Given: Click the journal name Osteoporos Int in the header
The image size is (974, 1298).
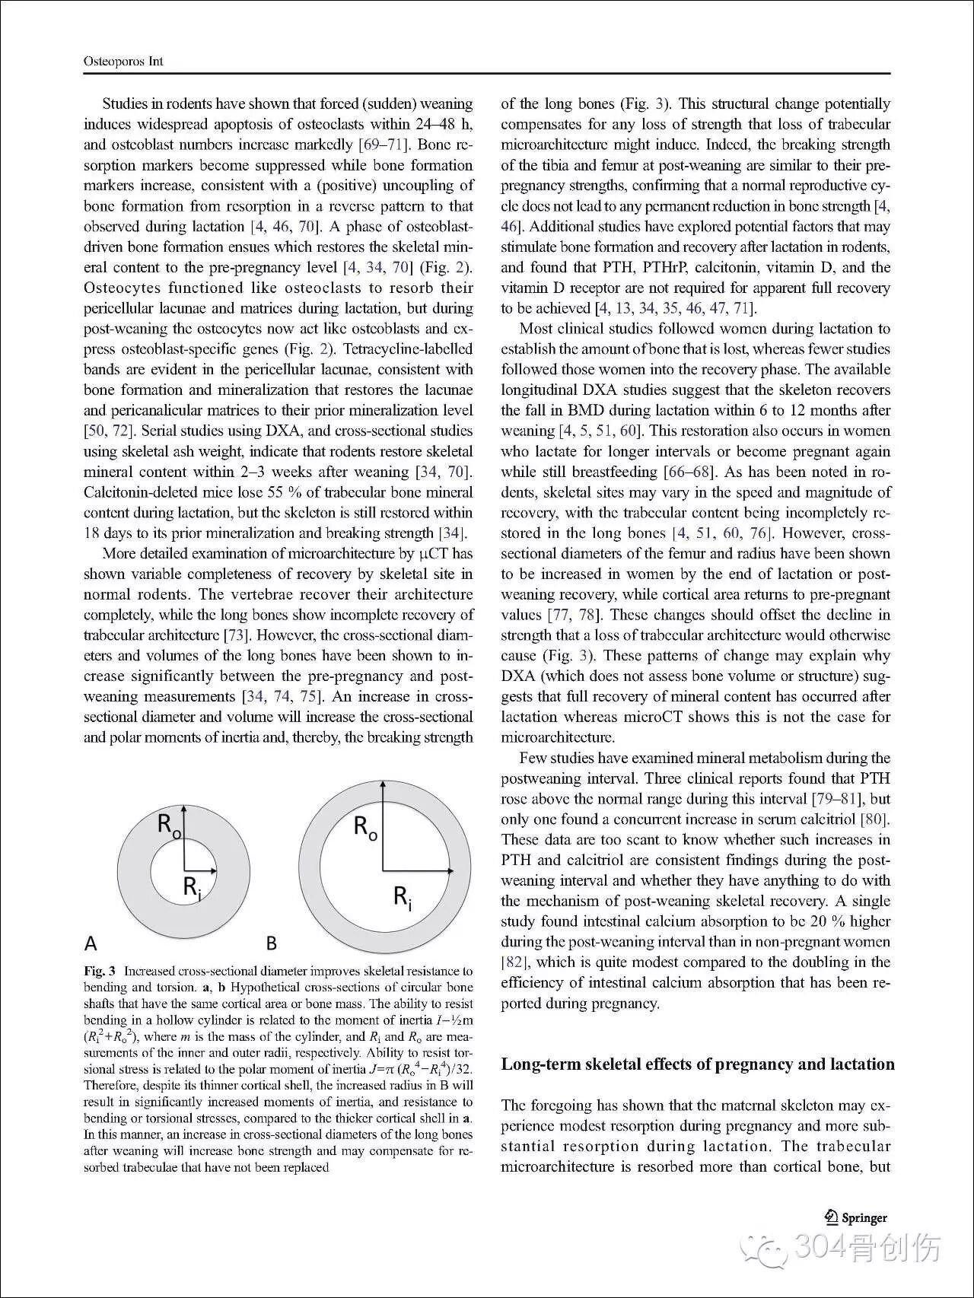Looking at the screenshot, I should [x=123, y=62].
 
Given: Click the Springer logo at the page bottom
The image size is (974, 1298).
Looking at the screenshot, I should [x=856, y=1217].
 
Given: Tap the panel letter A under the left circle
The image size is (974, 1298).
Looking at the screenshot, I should [x=91, y=943].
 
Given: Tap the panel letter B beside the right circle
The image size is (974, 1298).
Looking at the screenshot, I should [x=271, y=943].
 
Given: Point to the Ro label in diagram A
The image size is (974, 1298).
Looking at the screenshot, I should [x=169, y=825].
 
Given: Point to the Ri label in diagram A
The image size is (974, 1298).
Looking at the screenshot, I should [x=192, y=888].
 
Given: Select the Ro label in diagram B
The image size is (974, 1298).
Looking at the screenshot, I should [x=365, y=827].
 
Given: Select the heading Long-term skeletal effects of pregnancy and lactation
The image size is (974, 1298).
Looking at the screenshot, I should [x=697, y=1064].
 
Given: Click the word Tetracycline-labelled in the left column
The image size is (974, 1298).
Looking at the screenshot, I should [x=408, y=349].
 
